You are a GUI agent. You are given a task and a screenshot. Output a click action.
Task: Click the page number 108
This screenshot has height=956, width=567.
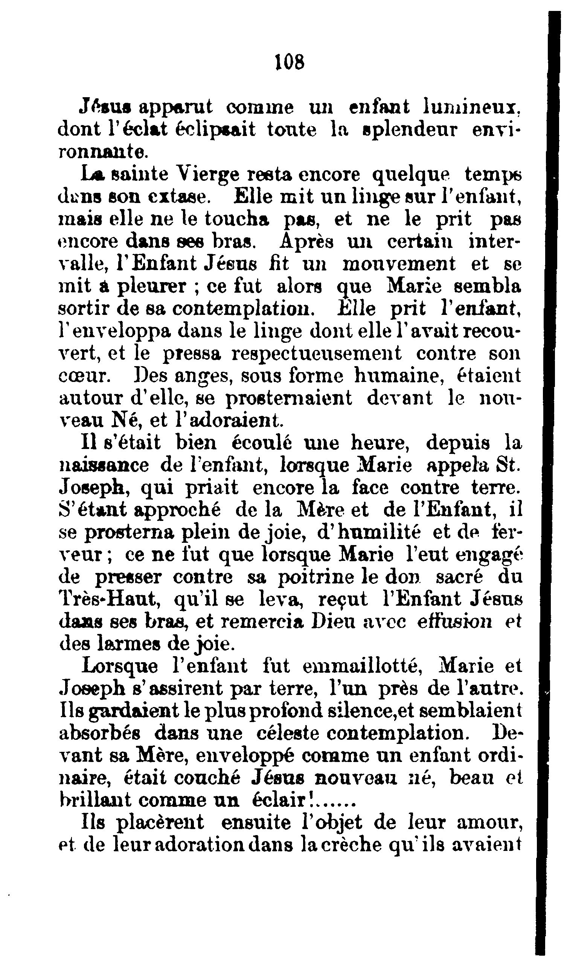point(290,62)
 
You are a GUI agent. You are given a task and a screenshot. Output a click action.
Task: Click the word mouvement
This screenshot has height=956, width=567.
point(399,264)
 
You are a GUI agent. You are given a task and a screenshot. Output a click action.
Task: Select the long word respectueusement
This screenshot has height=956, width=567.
point(317,354)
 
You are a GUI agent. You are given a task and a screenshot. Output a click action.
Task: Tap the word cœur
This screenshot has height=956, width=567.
point(85,376)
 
